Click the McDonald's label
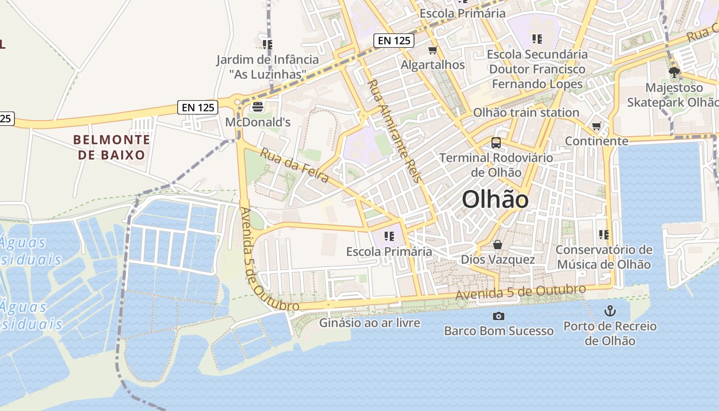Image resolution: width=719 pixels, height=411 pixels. pyautogui.click(x=258, y=122)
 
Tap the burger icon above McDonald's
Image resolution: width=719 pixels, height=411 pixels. pyautogui.click(x=257, y=107)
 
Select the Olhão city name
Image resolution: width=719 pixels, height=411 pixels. pyautogui.click(x=495, y=199)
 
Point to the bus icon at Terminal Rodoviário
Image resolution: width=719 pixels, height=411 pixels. pyautogui.click(x=496, y=143)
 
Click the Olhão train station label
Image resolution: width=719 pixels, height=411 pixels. pyautogui.click(x=526, y=113)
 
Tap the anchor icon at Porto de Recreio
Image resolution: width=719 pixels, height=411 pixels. pyautogui.click(x=610, y=310)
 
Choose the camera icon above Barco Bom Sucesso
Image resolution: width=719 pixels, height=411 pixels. pyautogui.click(x=498, y=316)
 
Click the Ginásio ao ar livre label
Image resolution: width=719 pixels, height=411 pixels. pyautogui.click(x=370, y=323)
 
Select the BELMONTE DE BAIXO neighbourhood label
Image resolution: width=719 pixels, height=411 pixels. pyautogui.click(x=111, y=147)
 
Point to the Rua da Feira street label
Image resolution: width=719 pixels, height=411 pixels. pyautogui.click(x=294, y=165)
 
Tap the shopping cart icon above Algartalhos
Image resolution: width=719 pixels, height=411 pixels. pyautogui.click(x=432, y=50)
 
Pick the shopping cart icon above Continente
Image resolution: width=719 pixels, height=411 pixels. pyautogui.click(x=596, y=126)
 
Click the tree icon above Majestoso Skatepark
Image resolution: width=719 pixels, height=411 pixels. pyautogui.click(x=674, y=72)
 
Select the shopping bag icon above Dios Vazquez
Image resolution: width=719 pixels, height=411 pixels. pyautogui.click(x=497, y=245)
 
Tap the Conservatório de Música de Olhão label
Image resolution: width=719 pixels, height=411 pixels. pyautogui.click(x=604, y=257)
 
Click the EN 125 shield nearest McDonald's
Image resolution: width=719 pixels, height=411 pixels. pyautogui.click(x=198, y=107)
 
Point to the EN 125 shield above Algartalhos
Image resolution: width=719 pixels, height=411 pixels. pyautogui.click(x=394, y=41)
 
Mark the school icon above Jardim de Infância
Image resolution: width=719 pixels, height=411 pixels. pyautogui.click(x=267, y=45)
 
